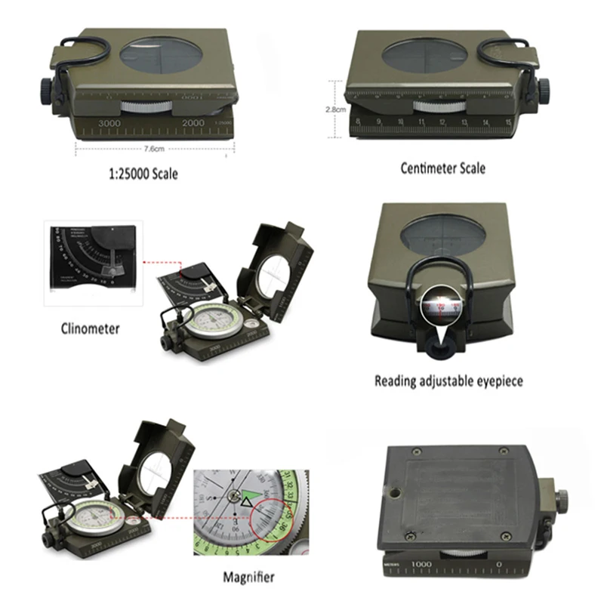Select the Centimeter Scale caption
(442, 168)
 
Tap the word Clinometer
(90, 328)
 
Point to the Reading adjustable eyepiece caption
(448, 381)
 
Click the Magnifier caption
(248, 578)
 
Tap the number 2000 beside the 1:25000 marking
(193, 122)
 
